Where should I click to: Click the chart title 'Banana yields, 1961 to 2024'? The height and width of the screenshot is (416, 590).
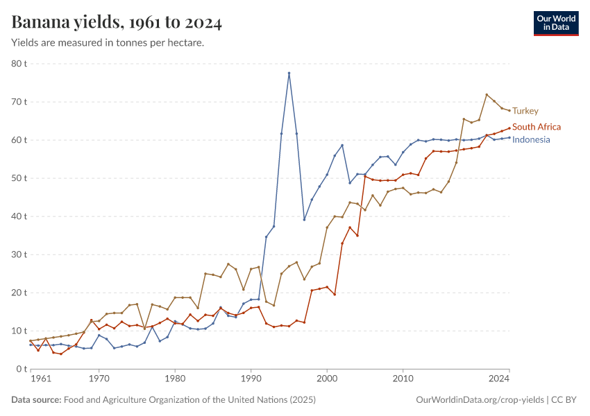point(117,23)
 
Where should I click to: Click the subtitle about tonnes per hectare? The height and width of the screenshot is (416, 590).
point(108,43)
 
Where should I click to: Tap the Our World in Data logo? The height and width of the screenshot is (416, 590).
point(555,23)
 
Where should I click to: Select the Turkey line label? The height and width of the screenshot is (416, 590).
point(525,111)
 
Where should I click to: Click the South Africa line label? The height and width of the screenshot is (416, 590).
point(536,127)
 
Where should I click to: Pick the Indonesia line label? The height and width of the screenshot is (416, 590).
point(531,139)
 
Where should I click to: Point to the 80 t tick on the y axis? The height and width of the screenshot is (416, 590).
point(18,64)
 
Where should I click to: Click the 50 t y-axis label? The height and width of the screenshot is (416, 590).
point(18,178)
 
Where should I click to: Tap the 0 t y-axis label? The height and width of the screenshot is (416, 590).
point(21,370)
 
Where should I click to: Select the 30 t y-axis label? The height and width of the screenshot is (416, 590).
point(18,254)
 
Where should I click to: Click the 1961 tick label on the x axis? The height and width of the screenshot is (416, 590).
point(41,379)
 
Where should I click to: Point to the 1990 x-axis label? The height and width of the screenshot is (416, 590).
point(251,379)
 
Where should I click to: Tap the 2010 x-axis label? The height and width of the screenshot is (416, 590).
point(403,379)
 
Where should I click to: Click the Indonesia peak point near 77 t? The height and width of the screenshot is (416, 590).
point(289,73)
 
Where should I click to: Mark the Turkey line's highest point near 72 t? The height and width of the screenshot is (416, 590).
point(487,94)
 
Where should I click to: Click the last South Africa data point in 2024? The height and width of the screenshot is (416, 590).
point(509,128)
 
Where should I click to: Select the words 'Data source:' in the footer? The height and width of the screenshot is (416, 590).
point(36,400)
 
